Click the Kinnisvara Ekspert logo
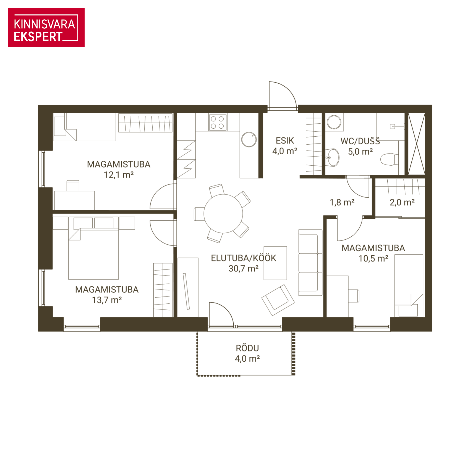46,28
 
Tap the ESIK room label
285,141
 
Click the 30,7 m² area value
243,268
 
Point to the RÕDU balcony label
247,348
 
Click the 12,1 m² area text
119,175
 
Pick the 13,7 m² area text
107,300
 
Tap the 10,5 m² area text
373,258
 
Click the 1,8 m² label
342,202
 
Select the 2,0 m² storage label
402,202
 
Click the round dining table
223,214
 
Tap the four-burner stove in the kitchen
217,123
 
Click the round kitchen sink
249,139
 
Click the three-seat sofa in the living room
310,263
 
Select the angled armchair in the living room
278,300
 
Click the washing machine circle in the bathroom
334,122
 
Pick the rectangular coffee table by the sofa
275,263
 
